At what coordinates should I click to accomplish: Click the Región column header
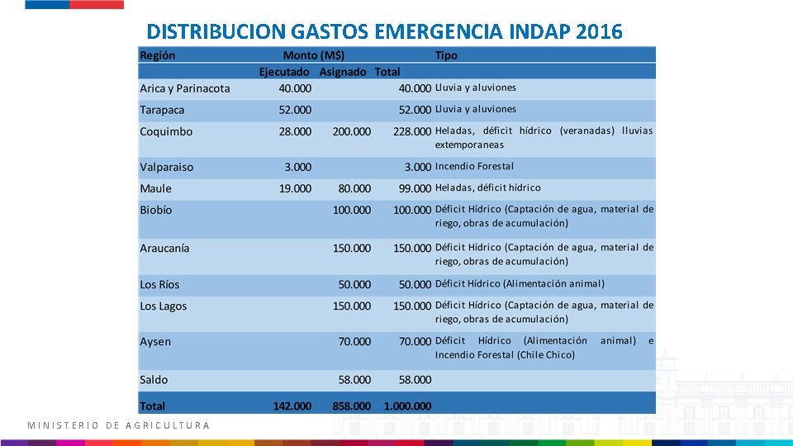(158, 55)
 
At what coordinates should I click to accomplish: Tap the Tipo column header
(446, 55)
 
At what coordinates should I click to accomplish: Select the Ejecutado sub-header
(285, 72)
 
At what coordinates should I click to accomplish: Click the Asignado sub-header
(343, 72)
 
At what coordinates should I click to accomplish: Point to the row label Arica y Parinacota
(185, 88)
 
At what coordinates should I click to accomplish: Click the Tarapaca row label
(162, 110)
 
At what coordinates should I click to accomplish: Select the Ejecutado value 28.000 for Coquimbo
(295, 131)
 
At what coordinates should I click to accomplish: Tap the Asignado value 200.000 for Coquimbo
(352, 131)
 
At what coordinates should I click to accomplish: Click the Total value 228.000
(412, 132)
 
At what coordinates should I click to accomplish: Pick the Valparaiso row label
(167, 167)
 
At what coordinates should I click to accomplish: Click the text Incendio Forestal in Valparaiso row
(474, 166)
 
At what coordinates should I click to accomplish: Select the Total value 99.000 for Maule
(415, 188)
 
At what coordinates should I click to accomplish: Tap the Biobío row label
(156, 210)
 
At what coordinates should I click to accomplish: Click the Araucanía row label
(164, 248)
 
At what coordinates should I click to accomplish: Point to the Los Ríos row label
(159, 284)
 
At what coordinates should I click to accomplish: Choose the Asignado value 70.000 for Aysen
(354, 341)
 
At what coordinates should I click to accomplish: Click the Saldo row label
(154, 380)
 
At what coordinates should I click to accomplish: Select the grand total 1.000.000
(407, 406)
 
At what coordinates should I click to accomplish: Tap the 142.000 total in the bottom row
(292, 406)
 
